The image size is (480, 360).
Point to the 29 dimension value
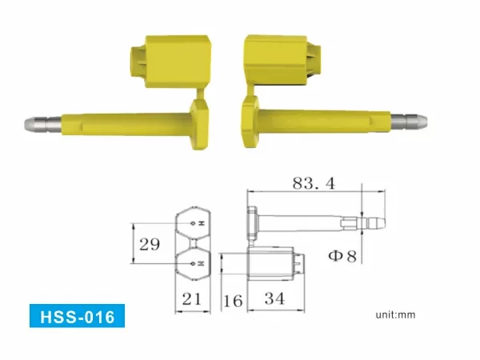[147, 244]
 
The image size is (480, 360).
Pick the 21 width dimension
[191, 299]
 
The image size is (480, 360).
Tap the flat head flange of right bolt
[249, 120]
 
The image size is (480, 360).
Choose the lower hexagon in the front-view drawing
[193, 261]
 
